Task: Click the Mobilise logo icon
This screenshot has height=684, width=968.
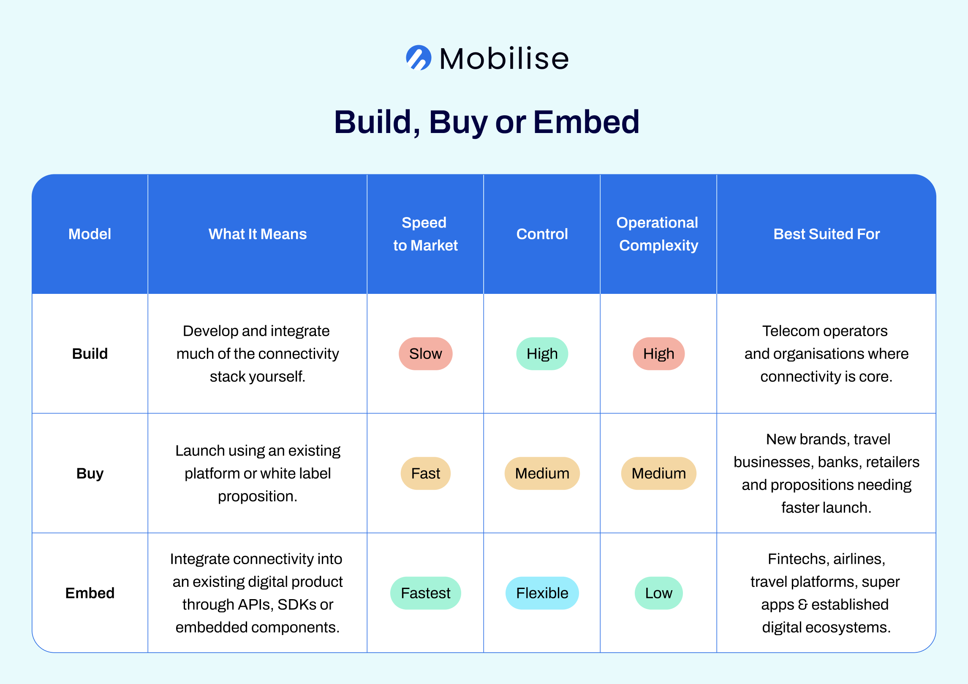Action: point(419,58)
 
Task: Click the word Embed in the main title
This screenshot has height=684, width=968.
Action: point(586,122)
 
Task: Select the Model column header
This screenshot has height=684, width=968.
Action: point(90,234)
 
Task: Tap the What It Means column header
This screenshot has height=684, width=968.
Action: point(258,234)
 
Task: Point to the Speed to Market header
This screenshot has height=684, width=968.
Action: point(425,234)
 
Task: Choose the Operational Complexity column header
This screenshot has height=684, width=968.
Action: point(658,234)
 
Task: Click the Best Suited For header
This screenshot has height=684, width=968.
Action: point(827,234)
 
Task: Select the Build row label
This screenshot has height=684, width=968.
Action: point(90,354)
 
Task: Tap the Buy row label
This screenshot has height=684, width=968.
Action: point(90,473)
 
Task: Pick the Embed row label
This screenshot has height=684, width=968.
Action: point(90,593)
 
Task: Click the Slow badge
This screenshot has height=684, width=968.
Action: point(426,354)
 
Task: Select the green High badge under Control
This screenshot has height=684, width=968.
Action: point(542,354)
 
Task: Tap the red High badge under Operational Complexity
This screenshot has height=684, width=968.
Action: point(659,354)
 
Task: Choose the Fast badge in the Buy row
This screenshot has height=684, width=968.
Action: point(426,473)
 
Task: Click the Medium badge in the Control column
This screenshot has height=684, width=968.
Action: point(542,473)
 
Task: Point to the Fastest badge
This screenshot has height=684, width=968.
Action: point(426,593)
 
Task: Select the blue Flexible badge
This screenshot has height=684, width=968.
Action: point(542,593)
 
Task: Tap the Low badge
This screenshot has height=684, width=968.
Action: point(659,593)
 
